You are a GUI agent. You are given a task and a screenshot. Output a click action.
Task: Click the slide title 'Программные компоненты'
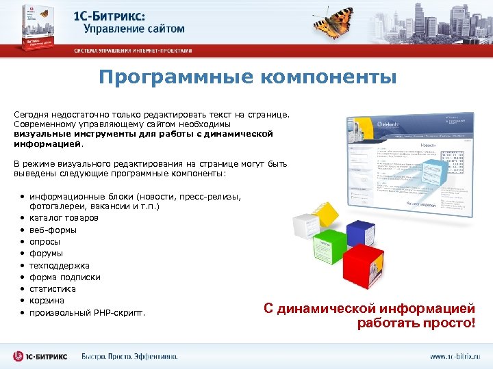(247, 77)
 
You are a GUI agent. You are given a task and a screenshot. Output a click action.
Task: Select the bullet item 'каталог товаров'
(64, 218)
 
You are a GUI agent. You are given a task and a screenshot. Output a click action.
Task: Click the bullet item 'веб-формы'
(53, 230)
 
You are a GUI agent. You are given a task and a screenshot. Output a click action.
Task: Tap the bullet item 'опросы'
(45, 242)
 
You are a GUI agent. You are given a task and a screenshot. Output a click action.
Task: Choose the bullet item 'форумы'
(46, 254)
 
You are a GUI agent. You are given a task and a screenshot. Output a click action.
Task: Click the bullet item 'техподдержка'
(59, 265)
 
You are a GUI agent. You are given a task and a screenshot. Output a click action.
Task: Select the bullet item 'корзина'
(47, 301)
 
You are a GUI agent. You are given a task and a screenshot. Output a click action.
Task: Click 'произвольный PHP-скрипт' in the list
(87, 313)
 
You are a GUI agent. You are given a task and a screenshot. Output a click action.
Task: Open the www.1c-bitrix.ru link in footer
(455, 356)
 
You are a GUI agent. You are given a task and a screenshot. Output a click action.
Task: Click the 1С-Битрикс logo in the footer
(40, 356)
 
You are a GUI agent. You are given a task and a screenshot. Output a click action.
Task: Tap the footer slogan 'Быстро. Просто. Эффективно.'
(129, 356)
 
